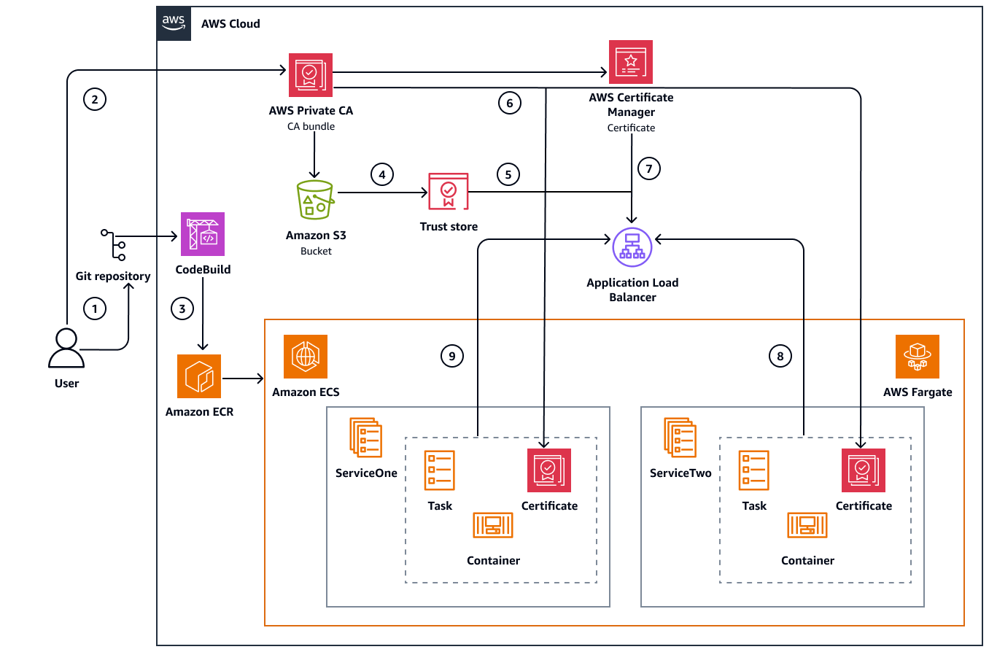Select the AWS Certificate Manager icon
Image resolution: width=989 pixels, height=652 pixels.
631,62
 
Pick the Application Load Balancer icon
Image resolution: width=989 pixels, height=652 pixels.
632,248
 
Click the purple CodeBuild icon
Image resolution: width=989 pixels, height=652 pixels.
203,234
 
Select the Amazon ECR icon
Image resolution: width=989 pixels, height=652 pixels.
199,376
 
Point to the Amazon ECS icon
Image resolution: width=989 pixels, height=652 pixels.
306,357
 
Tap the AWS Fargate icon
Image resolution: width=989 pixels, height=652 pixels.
917,357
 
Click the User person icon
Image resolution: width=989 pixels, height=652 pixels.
66,349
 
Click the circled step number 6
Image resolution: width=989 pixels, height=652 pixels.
510,104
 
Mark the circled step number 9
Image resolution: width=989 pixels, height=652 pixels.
452,355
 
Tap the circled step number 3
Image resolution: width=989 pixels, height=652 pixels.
182,308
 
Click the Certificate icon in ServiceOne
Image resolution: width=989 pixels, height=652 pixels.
549,470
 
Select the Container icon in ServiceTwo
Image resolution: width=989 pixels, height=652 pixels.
807,525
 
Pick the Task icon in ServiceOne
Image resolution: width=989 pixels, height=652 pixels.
440,470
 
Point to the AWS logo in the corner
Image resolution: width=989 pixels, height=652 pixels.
174,23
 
